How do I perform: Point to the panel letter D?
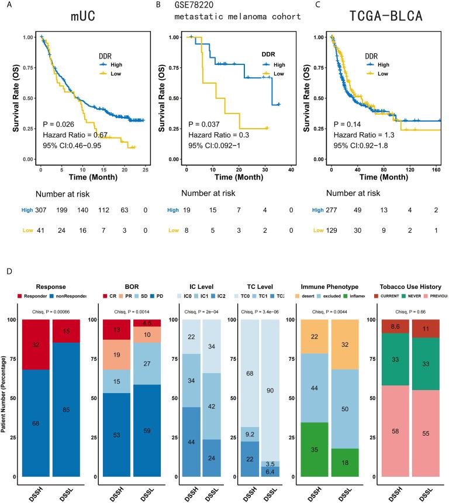(6, 273)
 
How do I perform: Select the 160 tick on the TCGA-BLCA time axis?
(437, 168)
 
